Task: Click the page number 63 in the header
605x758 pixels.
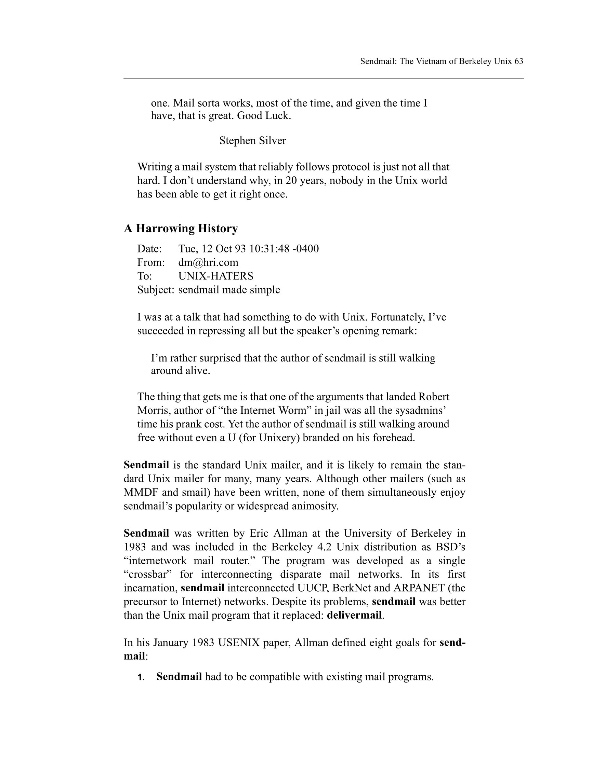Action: (518, 61)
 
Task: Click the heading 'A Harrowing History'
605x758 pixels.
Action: (181, 229)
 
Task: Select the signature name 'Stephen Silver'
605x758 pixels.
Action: (252, 141)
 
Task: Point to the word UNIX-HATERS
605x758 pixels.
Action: (215, 276)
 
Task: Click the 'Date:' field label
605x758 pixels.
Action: (149, 249)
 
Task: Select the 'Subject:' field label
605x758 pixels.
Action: (156, 290)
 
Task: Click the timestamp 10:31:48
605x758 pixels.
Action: (269, 249)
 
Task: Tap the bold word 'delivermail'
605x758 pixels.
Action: (354, 615)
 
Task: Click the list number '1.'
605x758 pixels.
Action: (141, 677)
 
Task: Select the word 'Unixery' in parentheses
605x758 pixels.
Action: (271, 438)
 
